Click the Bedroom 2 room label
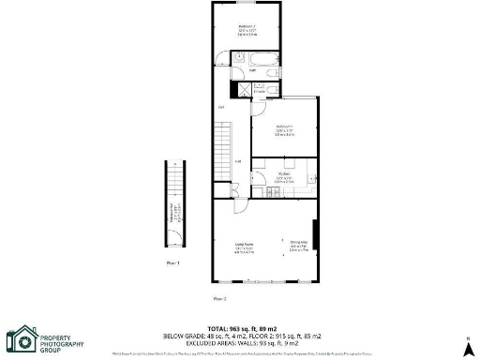pyautogui.click(x=247, y=27)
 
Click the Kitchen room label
pyautogui.click(x=285, y=176)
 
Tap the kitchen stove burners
pyautogui.click(x=271, y=194)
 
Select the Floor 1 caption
pyautogui.click(x=172, y=263)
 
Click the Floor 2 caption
pyautogui.click(x=219, y=298)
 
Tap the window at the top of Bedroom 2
pyautogui.click(x=247, y=3)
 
